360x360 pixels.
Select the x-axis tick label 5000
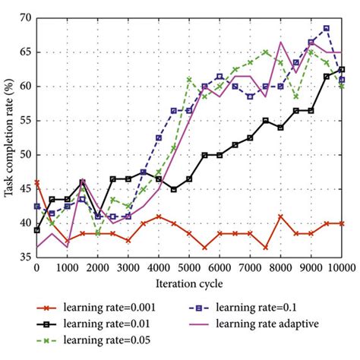pyautogui.click(x=188, y=268)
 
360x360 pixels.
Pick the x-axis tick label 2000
pyautogui.click(x=97, y=268)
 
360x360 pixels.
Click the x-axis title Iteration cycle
pyautogui.click(x=189, y=283)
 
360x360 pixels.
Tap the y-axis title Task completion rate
pyautogui.click(x=8, y=137)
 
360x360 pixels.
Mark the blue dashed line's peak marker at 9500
pyautogui.click(x=326, y=28)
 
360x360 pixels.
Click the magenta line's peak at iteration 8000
pyautogui.click(x=280, y=42)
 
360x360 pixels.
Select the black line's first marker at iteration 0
pyautogui.click(x=36, y=230)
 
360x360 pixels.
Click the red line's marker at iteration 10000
pyautogui.click(x=341, y=223)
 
